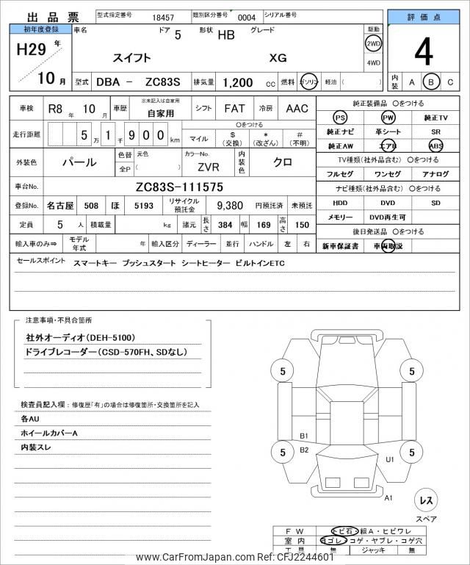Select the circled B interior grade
pos(432,82)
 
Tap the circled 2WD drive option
pos(373,44)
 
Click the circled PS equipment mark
pos(339,118)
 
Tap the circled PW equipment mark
pos(388,118)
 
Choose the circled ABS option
pos(435,145)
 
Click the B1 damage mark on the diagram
pos(304,436)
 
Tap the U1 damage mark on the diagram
pos(390,459)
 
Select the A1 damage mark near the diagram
pos(388,497)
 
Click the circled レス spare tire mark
pos(425,500)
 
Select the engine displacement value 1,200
pos(238,83)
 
